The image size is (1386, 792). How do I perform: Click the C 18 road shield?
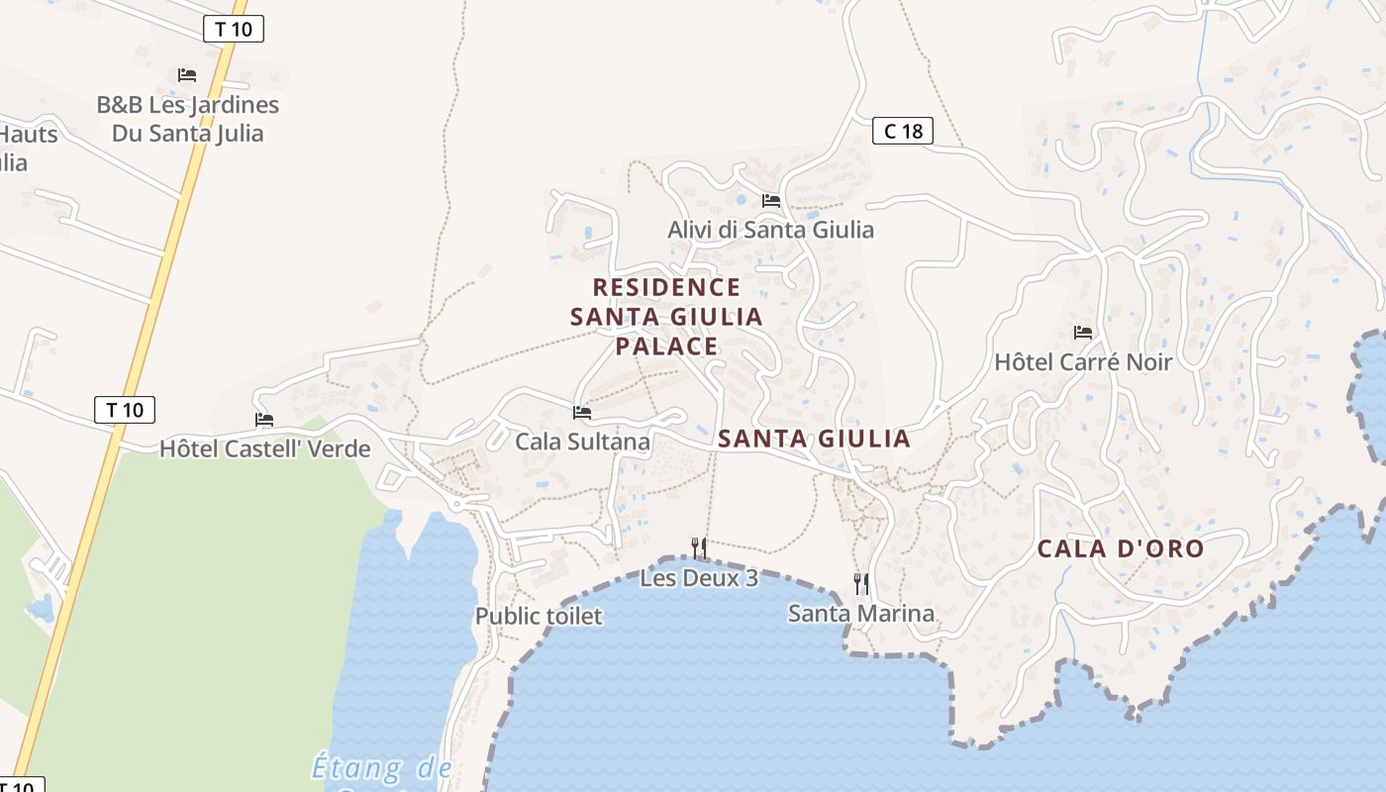coord(902,130)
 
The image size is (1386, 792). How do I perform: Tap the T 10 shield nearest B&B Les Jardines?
coord(234,29)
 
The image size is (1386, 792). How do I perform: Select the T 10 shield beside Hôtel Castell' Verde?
coord(125,409)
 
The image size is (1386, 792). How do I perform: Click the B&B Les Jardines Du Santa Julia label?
coord(187,119)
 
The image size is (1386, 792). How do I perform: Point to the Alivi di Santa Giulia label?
coord(770,230)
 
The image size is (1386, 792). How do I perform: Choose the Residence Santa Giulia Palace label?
coord(666,317)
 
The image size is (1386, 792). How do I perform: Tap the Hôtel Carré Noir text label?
coord(1082,362)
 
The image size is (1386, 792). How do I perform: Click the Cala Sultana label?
coord(582,442)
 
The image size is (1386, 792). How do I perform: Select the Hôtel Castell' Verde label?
coord(264,448)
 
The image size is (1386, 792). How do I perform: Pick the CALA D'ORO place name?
coord(1120,549)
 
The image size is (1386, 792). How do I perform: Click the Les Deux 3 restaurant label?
coord(699,577)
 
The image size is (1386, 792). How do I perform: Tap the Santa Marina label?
coord(860,614)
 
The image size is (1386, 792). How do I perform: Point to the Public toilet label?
coord(539,616)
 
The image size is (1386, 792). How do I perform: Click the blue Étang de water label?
coord(382,767)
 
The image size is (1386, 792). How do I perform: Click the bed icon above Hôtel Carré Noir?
coord(1082,333)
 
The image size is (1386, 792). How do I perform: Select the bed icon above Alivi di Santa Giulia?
coord(771,201)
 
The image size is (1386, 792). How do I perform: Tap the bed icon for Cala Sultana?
coord(582,412)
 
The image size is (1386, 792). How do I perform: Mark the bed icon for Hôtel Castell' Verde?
coord(264,420)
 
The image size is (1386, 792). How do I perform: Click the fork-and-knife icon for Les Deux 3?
coord(699,547)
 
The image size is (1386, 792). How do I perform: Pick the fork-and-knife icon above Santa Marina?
coord(861,583)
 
